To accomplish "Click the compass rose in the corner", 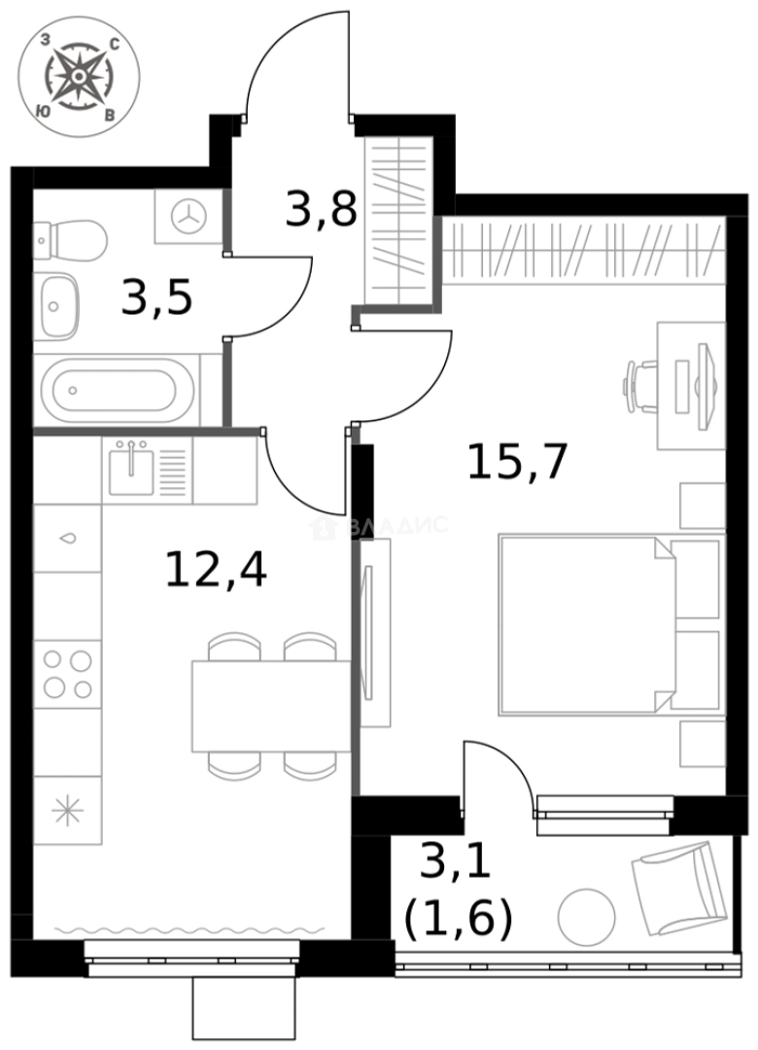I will point(78,77).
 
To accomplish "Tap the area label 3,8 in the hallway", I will point(321,208).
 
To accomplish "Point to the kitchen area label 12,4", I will point(215,569).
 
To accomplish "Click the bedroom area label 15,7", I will point(516,461).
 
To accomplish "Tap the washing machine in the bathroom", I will point(189,216).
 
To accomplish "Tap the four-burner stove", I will point(67,674).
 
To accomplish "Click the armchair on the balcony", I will point(679,884).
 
